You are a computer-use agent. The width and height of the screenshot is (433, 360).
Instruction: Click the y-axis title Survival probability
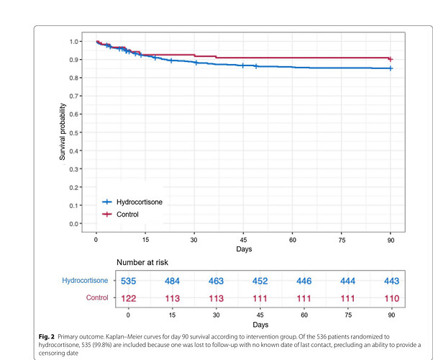[x=63, y=132]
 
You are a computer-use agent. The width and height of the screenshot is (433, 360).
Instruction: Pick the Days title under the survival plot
[x=244, y=248]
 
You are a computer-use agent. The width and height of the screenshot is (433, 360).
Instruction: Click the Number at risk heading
[x=149, y=262]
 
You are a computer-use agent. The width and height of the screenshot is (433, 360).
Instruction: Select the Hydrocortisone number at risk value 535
[x=128, y=279]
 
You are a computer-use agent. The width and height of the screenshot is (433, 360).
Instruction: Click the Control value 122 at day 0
[x=128, y=297]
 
